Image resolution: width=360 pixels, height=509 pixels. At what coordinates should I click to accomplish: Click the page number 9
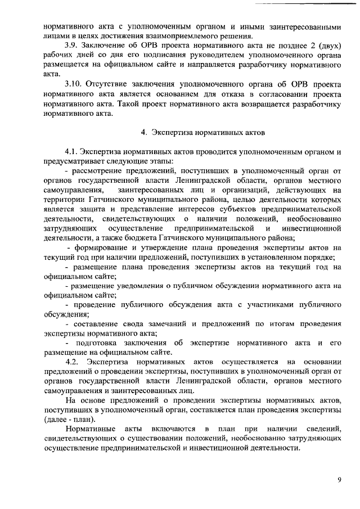pos(339,479)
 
